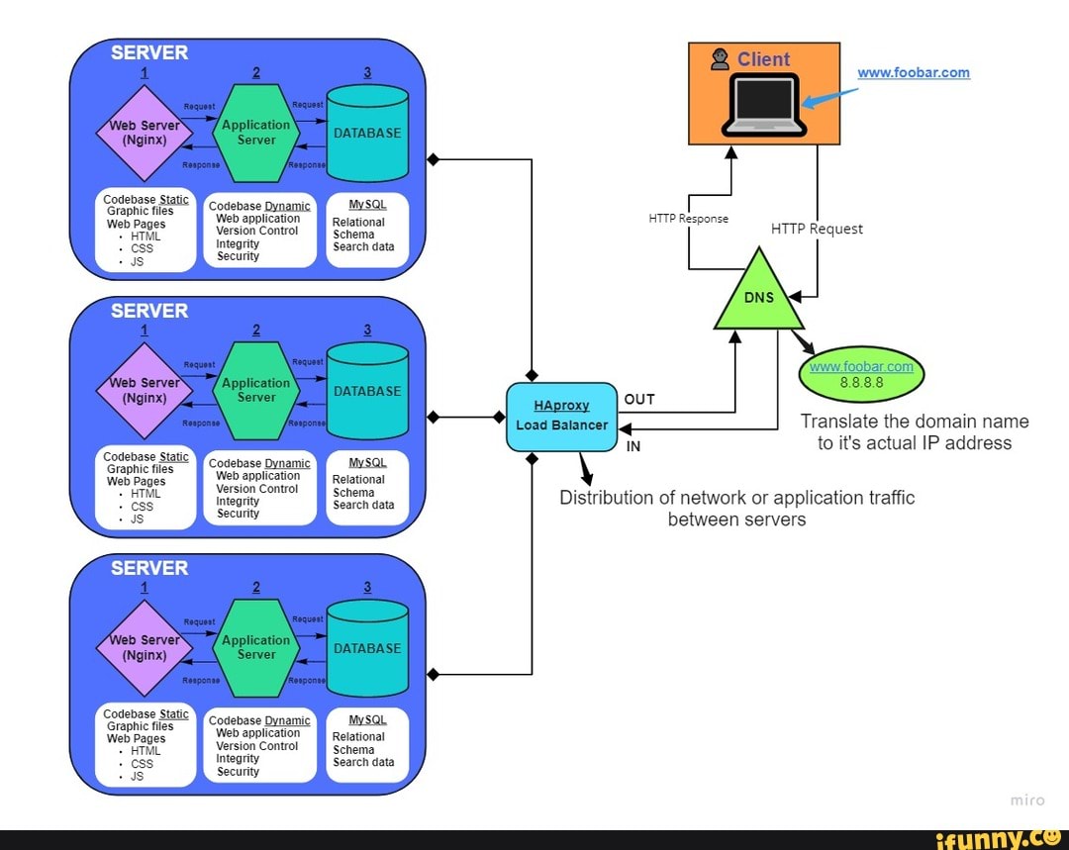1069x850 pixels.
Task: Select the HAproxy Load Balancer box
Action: click(561, 416)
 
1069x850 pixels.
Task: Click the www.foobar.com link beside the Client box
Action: click(913, 72)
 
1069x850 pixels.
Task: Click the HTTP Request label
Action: click(817, 229)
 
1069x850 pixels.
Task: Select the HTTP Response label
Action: click(688, 218)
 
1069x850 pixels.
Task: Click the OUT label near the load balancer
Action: click(639, 400)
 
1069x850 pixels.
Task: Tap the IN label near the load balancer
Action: click(633, 446)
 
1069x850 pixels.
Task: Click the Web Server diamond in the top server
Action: click(145, 133)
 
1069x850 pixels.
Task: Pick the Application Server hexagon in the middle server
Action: click(256, 390)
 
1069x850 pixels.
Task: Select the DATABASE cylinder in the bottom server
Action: click(367, 648)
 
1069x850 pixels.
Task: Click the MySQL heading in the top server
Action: click(367, 204)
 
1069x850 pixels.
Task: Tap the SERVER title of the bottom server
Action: click(149, 568)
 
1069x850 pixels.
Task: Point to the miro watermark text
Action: click(1026, 801)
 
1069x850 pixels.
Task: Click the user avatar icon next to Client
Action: click(721, 59)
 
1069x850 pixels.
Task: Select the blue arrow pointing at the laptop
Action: click(829, 97)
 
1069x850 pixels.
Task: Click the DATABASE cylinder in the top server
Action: click(367, 133)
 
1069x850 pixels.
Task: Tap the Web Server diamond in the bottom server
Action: click(145, 647)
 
